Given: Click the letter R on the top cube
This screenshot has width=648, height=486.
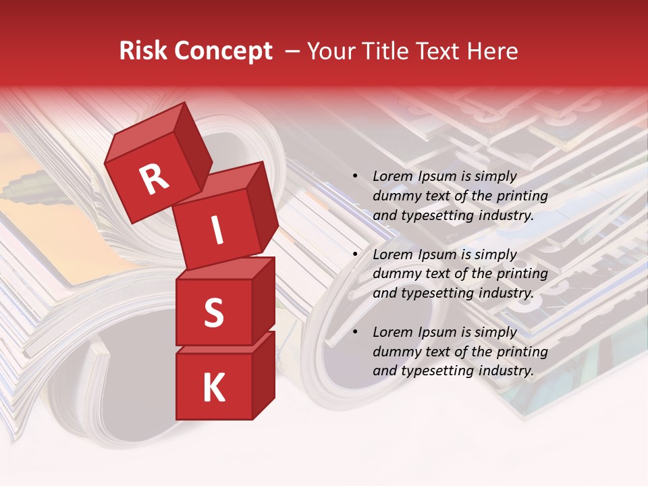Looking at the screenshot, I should (154, 179).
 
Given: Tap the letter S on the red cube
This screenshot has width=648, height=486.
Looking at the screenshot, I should (213, 313).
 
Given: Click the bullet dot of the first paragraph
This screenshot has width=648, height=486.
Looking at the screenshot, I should (355, 177).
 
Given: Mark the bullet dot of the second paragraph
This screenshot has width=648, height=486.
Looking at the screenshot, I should (355, 255).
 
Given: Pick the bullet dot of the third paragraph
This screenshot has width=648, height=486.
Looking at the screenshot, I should (355, 333).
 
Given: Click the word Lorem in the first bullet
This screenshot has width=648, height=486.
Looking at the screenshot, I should (392, 177).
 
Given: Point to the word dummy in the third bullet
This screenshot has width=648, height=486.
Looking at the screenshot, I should (396, 352).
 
